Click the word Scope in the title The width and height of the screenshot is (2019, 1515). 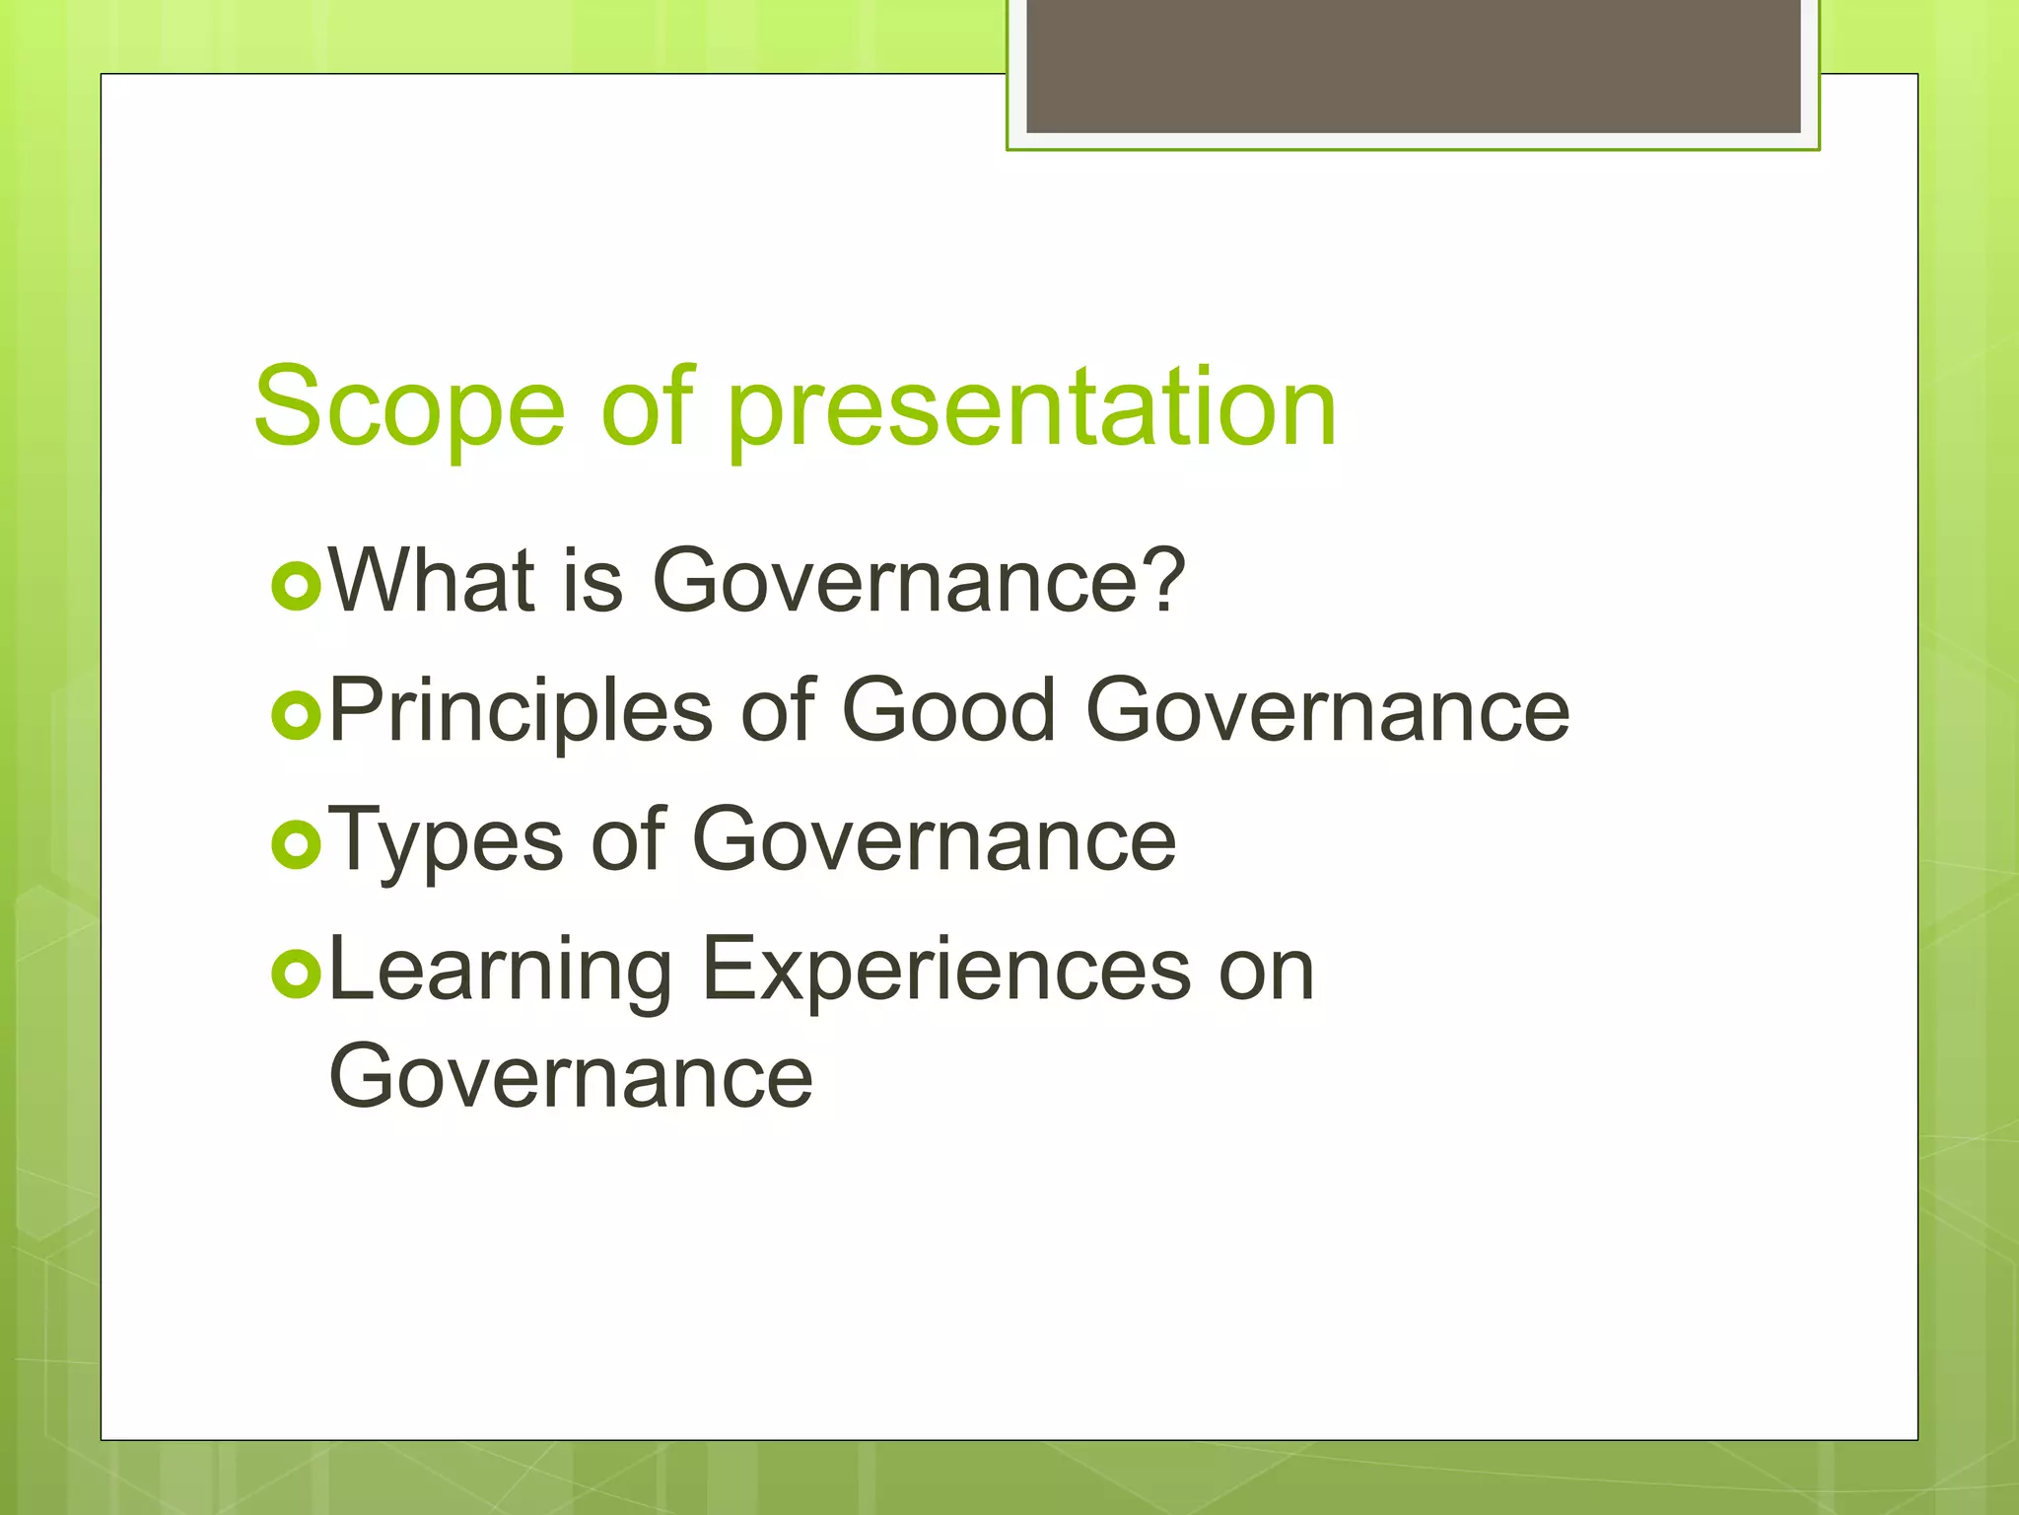tap(409, 407)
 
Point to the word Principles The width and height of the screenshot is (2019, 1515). tap(521, 712)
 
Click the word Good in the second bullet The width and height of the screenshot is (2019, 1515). tap(948, 710)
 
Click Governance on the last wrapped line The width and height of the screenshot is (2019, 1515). tap(571, 1077)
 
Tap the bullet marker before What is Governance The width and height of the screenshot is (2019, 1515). tap(296, 586)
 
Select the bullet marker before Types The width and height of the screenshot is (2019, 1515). tap(296, 845)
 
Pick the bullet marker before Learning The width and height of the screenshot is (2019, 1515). tap(296, 975)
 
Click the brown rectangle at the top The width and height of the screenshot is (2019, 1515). tap(1413, 65)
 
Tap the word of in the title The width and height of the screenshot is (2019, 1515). tap(648, 407)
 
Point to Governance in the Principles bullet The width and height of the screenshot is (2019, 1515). tap(1327, 710)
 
